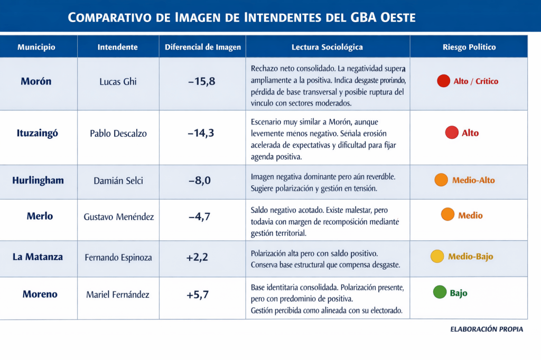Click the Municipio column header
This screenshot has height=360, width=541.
(x=36, y=47)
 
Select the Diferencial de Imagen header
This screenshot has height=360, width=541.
(x=203, y=47)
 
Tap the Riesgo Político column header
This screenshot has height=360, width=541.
(x=469, y=47)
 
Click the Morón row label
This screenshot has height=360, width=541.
(x=36, y=81)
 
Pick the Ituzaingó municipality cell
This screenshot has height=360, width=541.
(x=37, y=133)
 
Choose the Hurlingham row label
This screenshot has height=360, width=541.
(x=38, y=180)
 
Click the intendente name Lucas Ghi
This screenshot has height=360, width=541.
(x=118, y=82)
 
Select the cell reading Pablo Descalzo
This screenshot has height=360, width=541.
(x=118, y=134)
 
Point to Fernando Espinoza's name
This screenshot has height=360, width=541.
(x=118, y=258)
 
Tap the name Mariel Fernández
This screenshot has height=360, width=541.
(x=118, y=295)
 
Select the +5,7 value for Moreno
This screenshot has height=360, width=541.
(x=198, y=295)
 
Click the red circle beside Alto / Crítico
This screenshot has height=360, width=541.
(x=443, y=81)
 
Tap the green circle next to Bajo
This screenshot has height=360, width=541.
(x=440, y=292)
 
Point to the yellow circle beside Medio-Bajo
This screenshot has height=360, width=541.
(x=437, y=257)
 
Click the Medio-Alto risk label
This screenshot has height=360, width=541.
(x=473, y=181)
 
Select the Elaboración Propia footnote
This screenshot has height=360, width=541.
(x=487, y=329)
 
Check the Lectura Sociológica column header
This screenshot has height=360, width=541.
(x=327, y=47)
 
